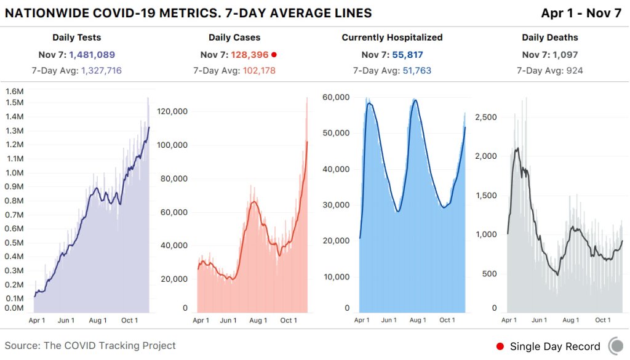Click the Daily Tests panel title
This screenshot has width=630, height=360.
click(77, 38)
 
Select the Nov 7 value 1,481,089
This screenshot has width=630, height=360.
click(92, 55)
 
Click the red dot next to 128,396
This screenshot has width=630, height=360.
click(274, 55)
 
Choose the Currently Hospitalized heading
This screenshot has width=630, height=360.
click(392, 38)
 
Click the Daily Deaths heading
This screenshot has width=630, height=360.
click(550, 38)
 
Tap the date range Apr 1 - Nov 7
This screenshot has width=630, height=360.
click(581, 14)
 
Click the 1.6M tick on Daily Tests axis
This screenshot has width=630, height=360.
click(15, 91)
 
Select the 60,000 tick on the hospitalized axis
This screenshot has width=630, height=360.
click(336, 97)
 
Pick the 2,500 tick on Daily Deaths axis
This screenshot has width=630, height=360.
click(486, 117)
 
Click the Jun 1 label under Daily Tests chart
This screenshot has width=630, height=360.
click(66, 320)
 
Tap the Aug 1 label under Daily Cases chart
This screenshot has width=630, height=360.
click(258, 320)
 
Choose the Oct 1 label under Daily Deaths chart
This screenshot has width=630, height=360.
click(603, 320)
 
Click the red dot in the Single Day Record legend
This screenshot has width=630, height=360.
click(500, 346)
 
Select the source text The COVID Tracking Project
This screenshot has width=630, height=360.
click(110, 346)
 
